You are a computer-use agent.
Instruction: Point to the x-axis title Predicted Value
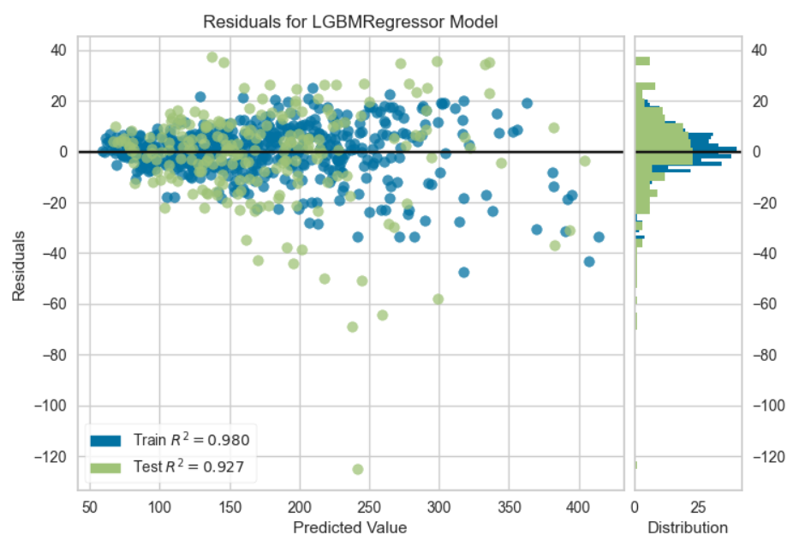[x=350, y=526]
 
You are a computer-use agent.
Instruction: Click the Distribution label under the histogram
[x=688, y=526]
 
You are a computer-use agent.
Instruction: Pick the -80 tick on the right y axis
[x=765, y=354]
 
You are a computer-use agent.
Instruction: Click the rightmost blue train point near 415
[x=599, y=237]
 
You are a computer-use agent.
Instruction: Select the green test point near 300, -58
[x=438, y=299]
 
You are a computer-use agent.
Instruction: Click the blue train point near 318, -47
[x=464, y=273]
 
